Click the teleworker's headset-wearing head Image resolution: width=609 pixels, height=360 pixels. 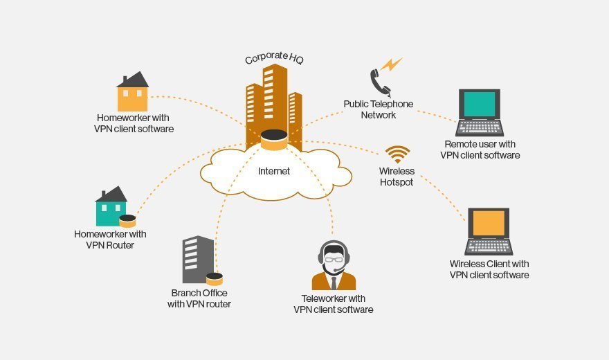[x=334, y=257]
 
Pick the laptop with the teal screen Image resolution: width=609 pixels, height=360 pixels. [x=480, y=111]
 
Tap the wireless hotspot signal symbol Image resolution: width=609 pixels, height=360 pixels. [x=397, y=154]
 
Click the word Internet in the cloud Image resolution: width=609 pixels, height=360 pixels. [x=274, y=171]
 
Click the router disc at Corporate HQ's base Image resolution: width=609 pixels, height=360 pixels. [x=274, y=141]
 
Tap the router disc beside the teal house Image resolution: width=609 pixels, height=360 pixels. [x=127, y=221]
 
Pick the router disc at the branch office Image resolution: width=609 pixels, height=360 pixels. [x=215, y=279]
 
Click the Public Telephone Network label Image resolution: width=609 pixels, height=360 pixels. [x=379, y=109]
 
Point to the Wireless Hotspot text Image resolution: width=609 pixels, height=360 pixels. [x=397, y=177]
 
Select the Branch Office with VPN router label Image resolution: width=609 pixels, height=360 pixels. [x=199, y=298]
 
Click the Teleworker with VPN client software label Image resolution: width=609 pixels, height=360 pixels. [x=334, y=304]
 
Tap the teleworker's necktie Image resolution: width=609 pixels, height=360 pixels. [x=334, y=282]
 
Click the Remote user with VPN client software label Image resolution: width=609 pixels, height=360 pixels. [x=480, y=150]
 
